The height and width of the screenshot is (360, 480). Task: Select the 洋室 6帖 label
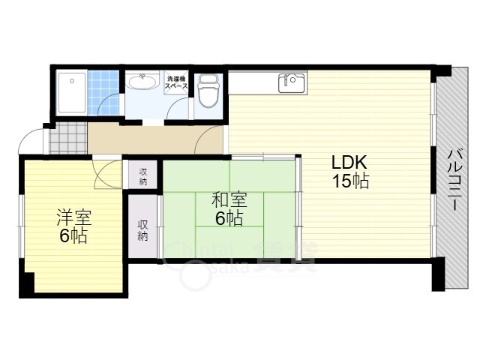tap(72, 226)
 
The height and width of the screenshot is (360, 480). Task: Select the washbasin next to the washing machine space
tap(141, 82)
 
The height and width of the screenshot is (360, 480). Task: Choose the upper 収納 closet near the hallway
tap(142, 176)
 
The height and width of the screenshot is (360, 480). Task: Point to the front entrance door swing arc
tap(34, 140)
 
